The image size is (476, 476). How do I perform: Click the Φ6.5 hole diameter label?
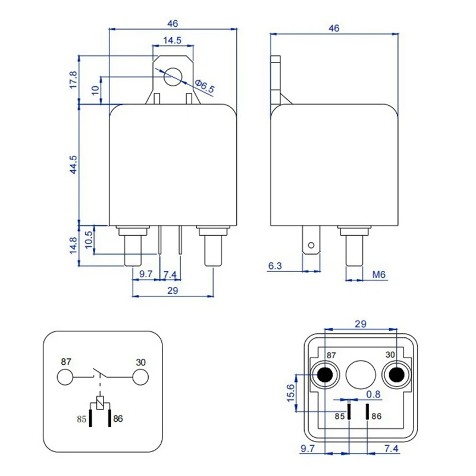click(204, 86)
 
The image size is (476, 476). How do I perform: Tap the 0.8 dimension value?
click(373, 393)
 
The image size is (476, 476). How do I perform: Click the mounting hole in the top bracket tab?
click(173, 76)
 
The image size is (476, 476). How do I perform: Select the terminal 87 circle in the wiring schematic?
click(65, 377)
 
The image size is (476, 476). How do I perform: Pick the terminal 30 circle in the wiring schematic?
click(140, 377)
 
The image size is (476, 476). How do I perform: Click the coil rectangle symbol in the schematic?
click(101, 402)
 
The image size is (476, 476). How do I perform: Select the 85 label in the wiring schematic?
click(82, 419)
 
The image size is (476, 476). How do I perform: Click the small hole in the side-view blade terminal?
click(309, 244)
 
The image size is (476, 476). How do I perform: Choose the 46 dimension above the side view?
click(334, 28)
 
